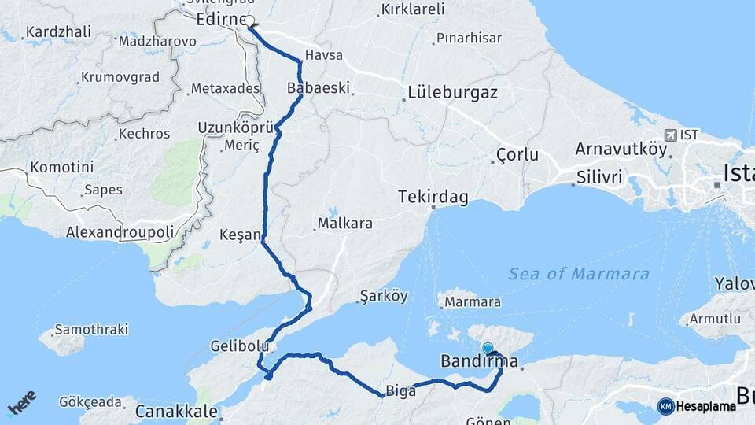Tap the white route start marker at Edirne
click(x=250, y=21)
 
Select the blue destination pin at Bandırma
click(x=488, y=349)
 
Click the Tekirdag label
click(x=431, y=195)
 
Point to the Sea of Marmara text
click(x=579, y=274)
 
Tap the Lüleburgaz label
click(x=452, y=92)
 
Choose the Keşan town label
click(x=239, y=235)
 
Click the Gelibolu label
click(x=240, y=346)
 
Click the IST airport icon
click(x=670, y=135)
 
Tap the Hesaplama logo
click(x=697, y=406)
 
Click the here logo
click(x=21, y=403)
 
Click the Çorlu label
click(x=517, y=155)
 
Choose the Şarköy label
click(x=383, y=297)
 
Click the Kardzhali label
click(x=58, y=32)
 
